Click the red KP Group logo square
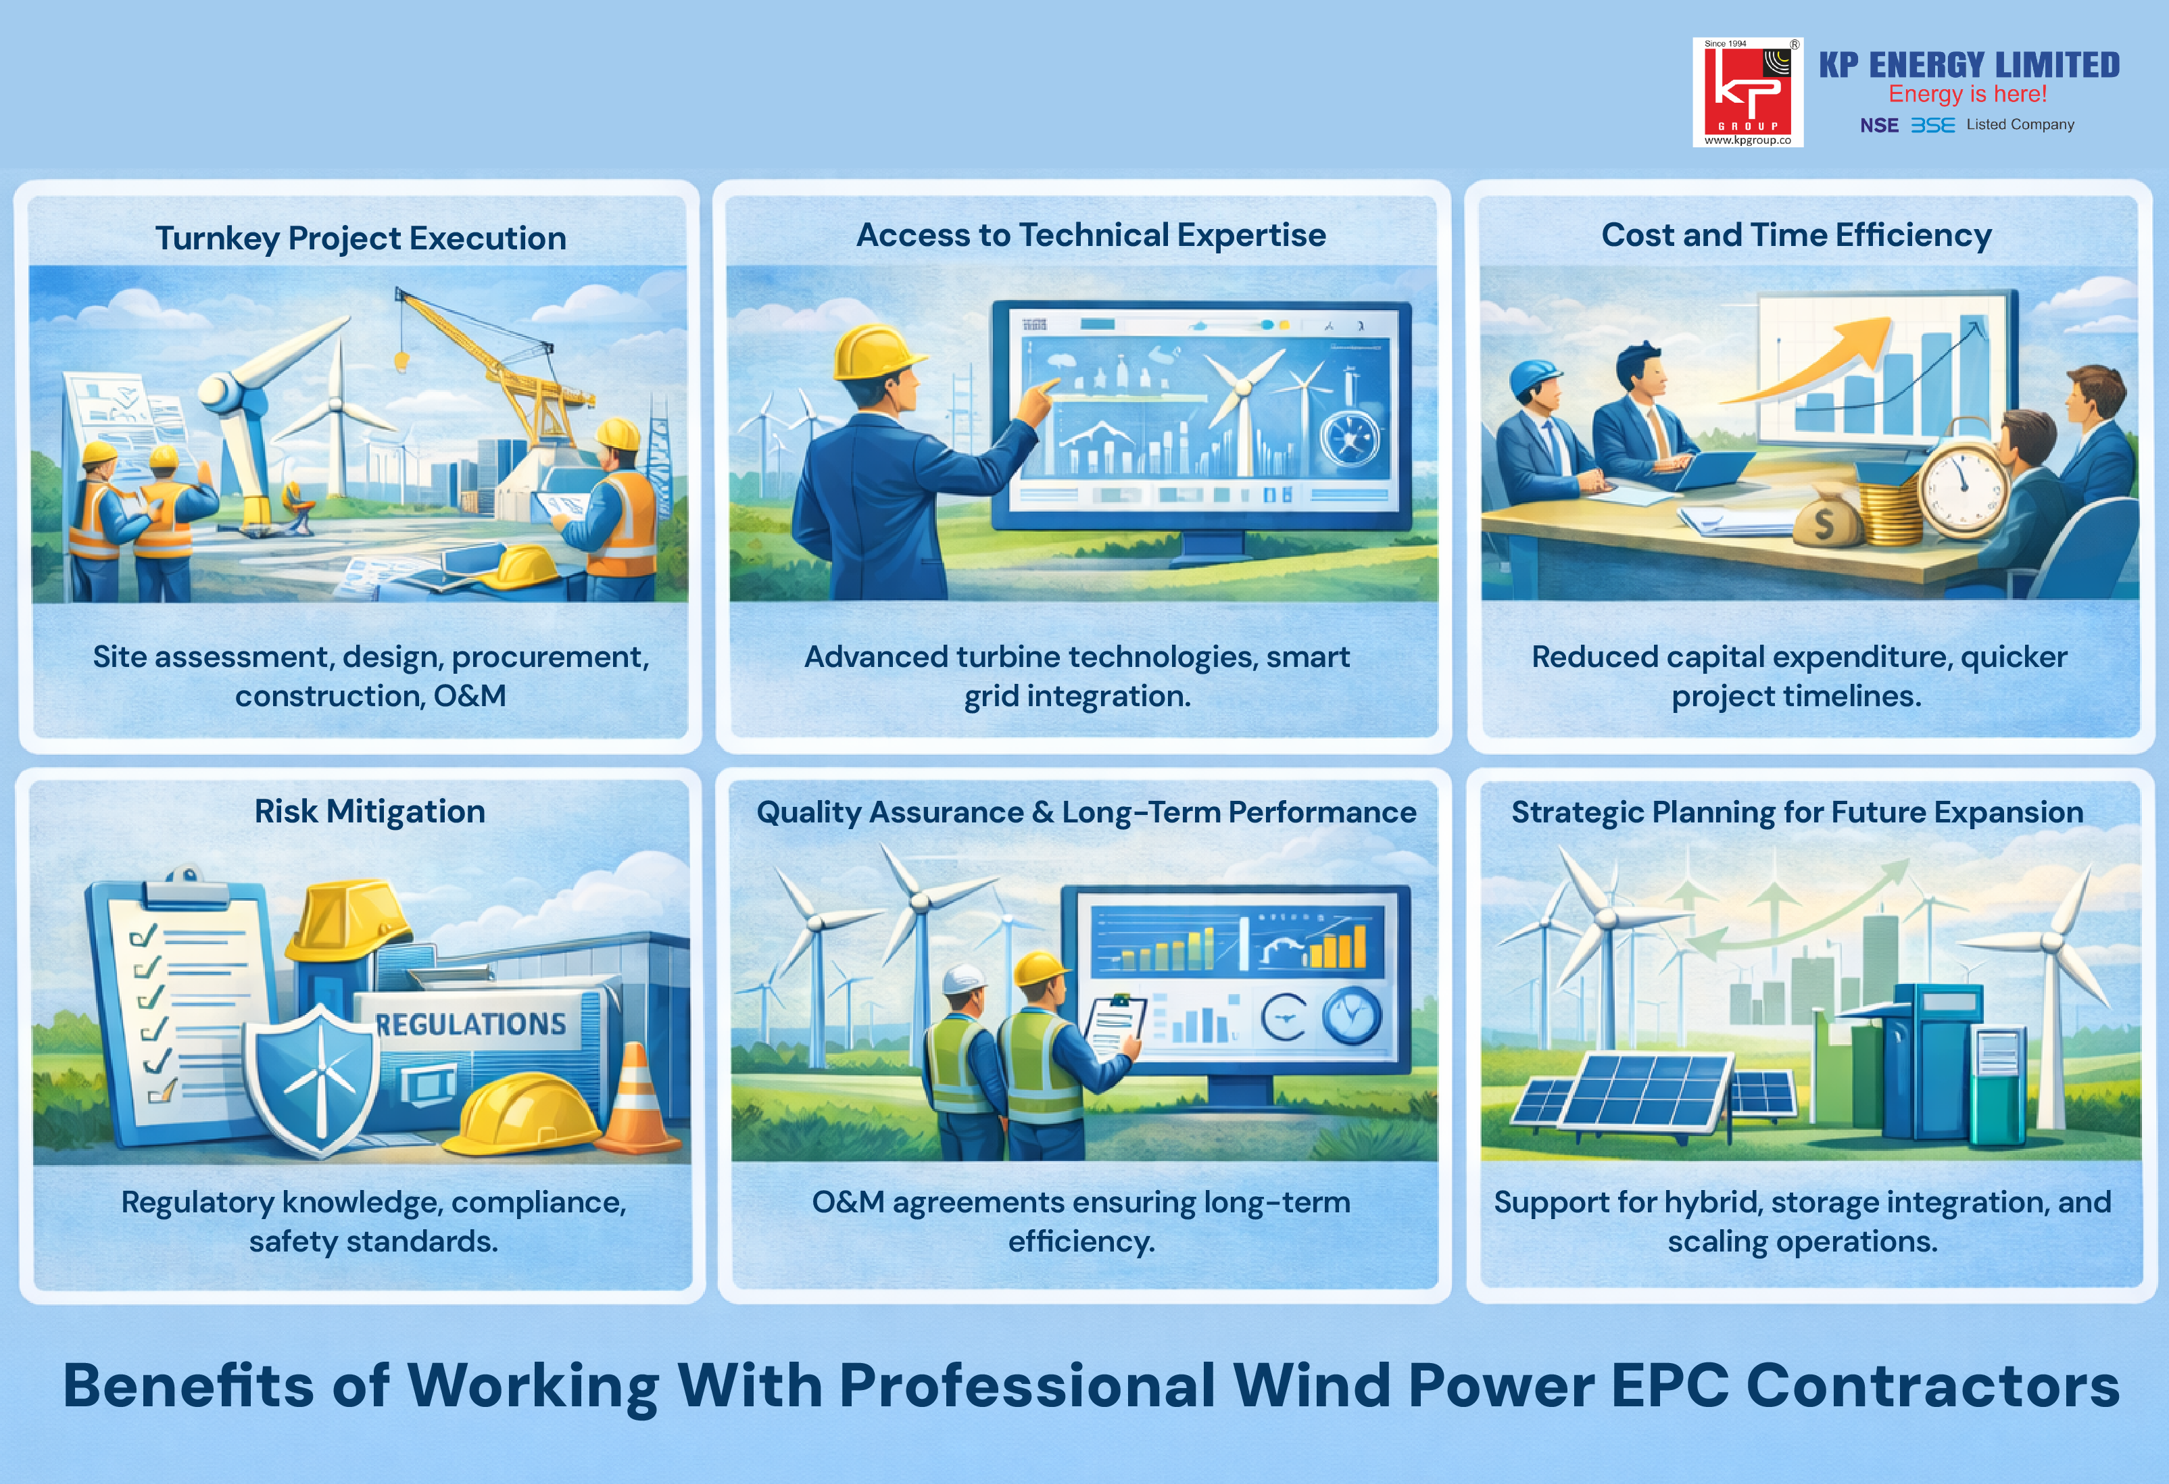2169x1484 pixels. coord(1747,91)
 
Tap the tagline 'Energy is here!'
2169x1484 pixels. coord(1968,94)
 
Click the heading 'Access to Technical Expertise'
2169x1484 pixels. coord(1090,235)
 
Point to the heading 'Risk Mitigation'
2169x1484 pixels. coord(370,811)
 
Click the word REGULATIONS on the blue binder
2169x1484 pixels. coord(470,1024)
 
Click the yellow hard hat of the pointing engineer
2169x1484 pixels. coord(878,352)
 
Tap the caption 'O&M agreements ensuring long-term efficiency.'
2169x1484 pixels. coord(1081,1221)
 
